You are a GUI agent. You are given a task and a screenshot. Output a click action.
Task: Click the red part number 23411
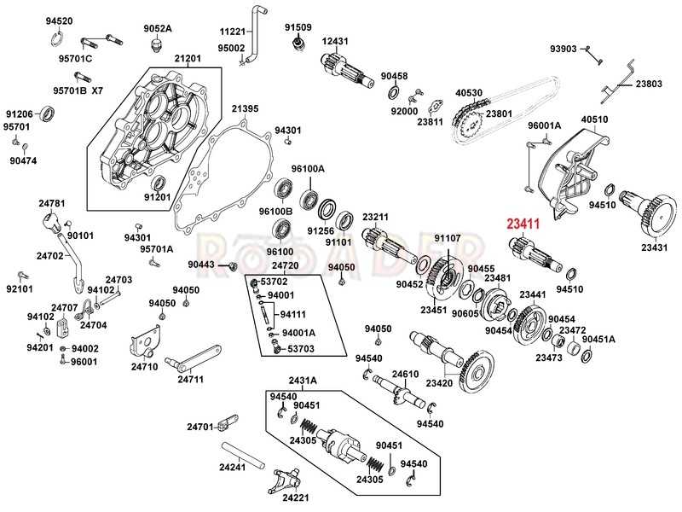(x=523, y=224)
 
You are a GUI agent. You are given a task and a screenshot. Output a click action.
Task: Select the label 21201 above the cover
(x=188, y=58)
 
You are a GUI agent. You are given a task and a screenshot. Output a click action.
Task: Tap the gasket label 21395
(x=245, y=109)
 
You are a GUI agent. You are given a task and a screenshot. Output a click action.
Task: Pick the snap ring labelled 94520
(x=55, y=38)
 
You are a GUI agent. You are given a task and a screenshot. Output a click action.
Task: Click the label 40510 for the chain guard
(x=594, y=119)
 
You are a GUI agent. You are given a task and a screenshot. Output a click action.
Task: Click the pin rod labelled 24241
(x=243, y=456)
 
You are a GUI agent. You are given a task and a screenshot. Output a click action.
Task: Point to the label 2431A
(x=303, y=381)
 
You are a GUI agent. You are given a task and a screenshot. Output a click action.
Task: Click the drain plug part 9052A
(x=156, y=45)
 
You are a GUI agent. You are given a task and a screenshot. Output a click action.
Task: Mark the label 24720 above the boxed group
(x=285, y=265)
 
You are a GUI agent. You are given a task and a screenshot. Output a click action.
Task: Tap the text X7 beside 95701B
(x=97, y=90)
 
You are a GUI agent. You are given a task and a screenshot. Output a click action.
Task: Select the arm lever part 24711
(x=194, y=357)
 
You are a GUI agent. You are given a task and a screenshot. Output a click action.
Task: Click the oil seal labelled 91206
(x=47, y=114)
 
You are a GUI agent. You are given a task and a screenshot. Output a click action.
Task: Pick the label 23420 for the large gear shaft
(x=439, y=383)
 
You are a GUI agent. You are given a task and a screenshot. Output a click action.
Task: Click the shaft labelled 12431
(x=347, y=72)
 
